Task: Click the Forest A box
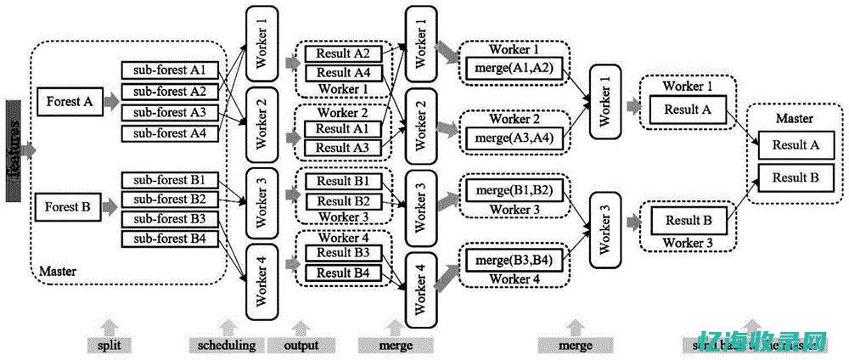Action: (70, 102)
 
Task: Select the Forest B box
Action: (70, 207)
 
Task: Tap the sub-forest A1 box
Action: (170, 70)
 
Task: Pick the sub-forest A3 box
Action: (170, 112)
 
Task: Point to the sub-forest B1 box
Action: (170, 179)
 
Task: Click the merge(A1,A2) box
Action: (514, 68)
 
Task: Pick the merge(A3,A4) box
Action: (514, 137)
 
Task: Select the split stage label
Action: (108, 345)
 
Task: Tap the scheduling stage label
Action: (226, 345)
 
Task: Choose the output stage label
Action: (301, 345)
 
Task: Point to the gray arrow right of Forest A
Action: (110, 102)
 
